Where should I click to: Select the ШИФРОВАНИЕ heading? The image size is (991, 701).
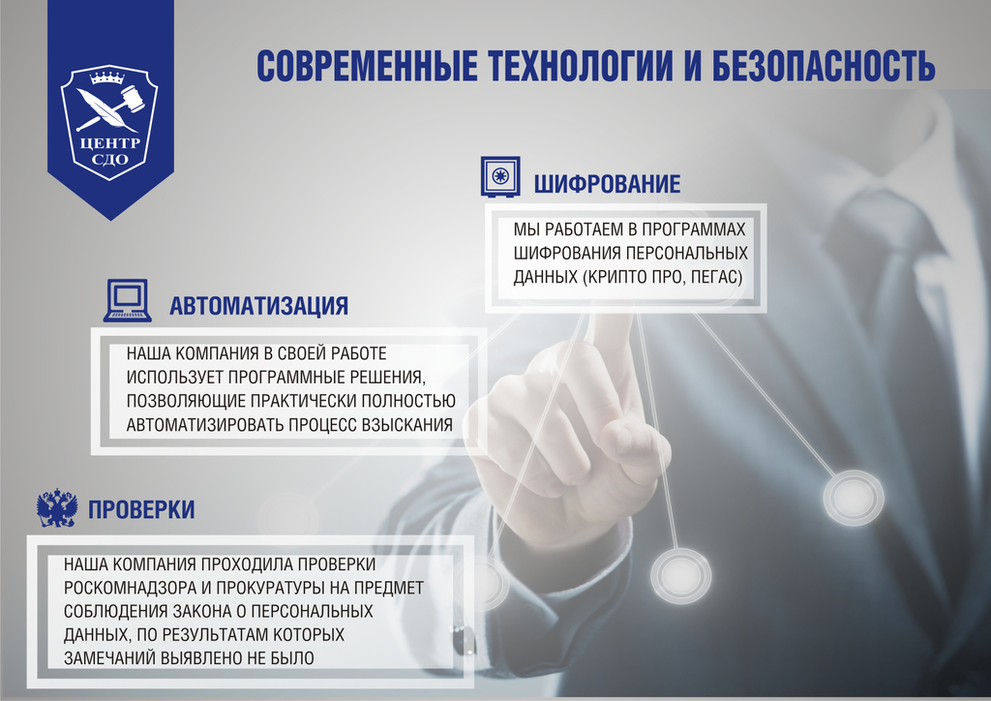click(x=608, y=184)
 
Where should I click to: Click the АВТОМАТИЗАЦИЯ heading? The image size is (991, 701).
click(x=258, y=307)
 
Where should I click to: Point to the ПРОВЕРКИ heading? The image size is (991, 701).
click(x=141, y=509)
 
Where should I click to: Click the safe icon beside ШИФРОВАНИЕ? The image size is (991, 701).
click(x=500, y=178)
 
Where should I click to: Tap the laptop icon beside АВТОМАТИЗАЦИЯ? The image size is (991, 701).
click(x=127, y=300)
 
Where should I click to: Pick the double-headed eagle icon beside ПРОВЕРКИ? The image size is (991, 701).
click(x=57, y=507)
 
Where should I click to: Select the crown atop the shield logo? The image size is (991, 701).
click(x=108, y=76)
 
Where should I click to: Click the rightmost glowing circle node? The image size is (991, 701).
click(x=853, y=497)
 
